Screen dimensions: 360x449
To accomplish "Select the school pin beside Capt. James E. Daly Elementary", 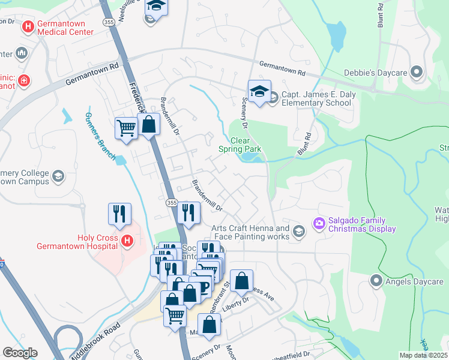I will pyautogui.click(x=259, y=92).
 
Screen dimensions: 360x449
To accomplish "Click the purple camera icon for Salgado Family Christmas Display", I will pyautogui.click(x=319, y=224).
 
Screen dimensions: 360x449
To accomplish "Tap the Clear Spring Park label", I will pyautogui.click(x=240, y=145).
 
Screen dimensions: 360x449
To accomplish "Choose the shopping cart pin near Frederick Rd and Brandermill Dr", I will pyautogui.click(x=126, y=128).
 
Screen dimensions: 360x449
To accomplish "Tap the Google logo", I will pyautogui.click(x=20, y=353).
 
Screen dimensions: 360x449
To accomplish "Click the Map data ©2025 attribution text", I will pyautogui.click(x=423, y=355).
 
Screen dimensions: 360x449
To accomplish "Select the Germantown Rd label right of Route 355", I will pyautogui.click(x=282, y=69).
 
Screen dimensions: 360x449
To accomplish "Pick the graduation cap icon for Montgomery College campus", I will pyautogui.click(x=58, y=176).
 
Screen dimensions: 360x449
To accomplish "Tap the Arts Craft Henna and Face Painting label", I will pyautogui.click(x=250, y=232).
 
